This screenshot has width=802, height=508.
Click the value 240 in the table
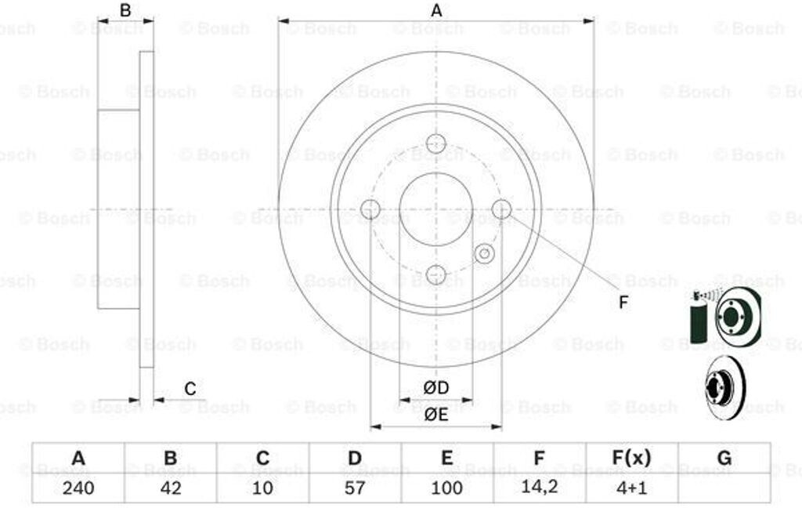[78, 488]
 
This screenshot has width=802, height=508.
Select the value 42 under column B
[170, 488]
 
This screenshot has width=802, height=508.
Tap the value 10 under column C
[262, 488]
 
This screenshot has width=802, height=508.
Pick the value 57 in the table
[355, 488]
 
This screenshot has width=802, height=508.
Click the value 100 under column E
[446, 488]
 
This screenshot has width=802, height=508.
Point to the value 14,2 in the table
[539, 487]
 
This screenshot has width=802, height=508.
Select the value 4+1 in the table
[632, 488]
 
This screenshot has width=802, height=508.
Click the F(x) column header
[632, 457]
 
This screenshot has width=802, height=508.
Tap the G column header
[724, 457]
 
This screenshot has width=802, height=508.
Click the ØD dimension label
[435, 387]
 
